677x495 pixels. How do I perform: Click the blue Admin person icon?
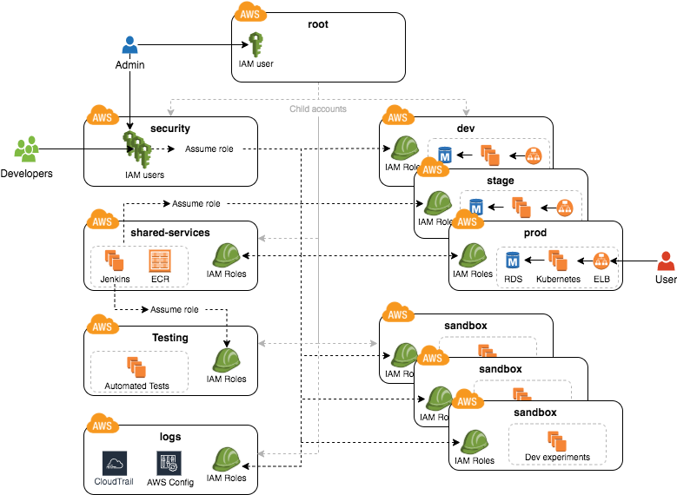pos(129,45)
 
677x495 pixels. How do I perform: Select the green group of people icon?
pos(26,149)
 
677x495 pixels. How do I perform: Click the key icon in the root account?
pos(256,44)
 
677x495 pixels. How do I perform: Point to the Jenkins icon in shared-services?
pos(114,260)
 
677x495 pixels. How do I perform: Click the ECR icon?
pos(160,260)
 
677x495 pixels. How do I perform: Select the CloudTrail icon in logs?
pos(115,462)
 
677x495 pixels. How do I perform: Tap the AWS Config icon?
pos(168,462)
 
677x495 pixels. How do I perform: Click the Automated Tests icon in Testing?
pos(136,366)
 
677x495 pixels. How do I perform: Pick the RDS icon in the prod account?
pos(513,260)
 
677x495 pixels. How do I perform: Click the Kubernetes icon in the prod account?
pos(557,260)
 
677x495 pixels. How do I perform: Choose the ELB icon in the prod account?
pos(601,260)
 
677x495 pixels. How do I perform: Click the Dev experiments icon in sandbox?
pos(557,440)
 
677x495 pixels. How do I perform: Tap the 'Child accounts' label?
pos(318,109)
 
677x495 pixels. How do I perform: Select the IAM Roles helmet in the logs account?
pos(227,459)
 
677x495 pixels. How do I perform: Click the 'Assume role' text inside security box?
pos(209,148)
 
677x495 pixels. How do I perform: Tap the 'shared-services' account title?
pos(170,233)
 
